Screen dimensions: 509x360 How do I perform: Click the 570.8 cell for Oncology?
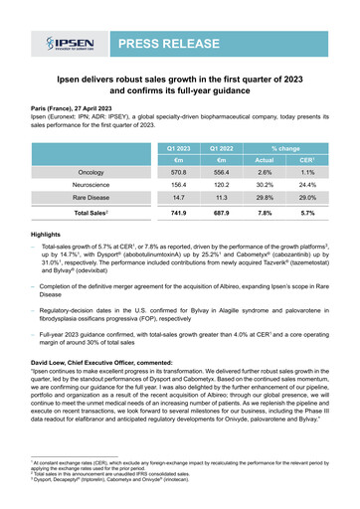click(184, 175)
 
